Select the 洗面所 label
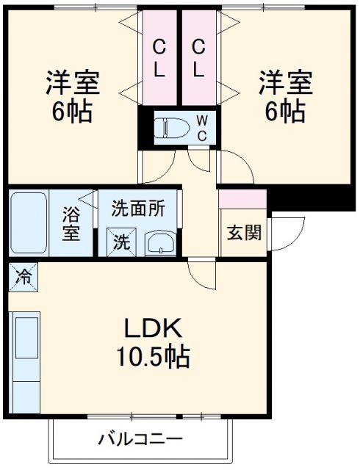click(138, 208)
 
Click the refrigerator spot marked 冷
click(24, 277)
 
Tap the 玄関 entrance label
click(244, 234)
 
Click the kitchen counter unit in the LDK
click(26, 360)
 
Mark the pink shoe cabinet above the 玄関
click(242, 199)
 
